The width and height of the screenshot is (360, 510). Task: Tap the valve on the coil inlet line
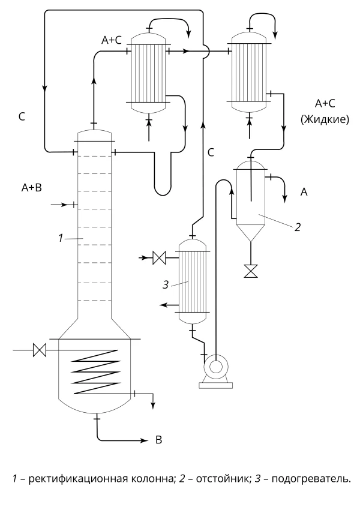click(x=40, y=350)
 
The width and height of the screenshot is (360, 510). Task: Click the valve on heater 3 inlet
click(x=160, y=258)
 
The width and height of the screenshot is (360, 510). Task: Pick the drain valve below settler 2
click(x=251, y=271)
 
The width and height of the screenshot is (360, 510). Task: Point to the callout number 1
click(x=61, y=238)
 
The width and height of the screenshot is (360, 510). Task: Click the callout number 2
click(x=298, y=227)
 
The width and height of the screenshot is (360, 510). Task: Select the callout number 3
click(x=166, y=285)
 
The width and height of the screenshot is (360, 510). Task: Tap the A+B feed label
click(x=32, y=188)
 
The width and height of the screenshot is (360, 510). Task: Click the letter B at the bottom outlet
click(x=158, y=440)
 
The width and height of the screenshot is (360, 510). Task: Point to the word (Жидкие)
click(x=325, y=119)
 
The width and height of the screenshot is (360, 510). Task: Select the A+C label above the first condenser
click(x=111, y=40)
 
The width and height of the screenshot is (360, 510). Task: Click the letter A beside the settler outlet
click(x=304, y=192)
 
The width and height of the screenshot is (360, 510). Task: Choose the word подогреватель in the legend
click(x=311, y=479)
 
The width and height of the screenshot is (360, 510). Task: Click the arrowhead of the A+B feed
click(x=65, y=205)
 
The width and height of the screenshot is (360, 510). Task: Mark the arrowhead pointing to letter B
click(x=145, y=440)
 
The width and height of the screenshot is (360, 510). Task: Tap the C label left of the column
click(x=22, y=116)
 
